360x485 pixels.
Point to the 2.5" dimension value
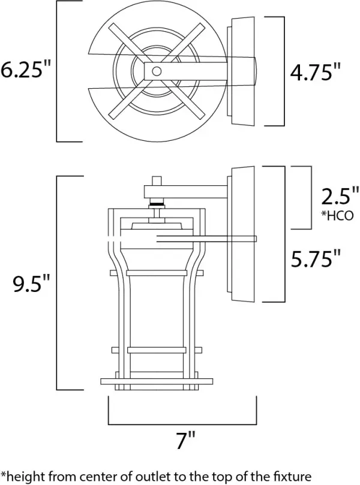coord(339,197)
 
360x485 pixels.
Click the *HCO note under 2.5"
coord(337,215)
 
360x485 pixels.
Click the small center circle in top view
coord(157,71)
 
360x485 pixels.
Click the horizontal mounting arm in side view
coord(186,191)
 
